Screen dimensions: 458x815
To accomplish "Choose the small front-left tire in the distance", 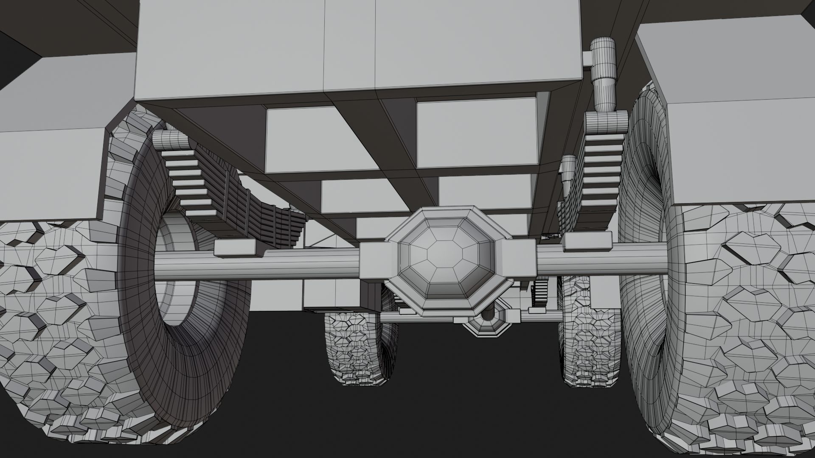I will point(352,339).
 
